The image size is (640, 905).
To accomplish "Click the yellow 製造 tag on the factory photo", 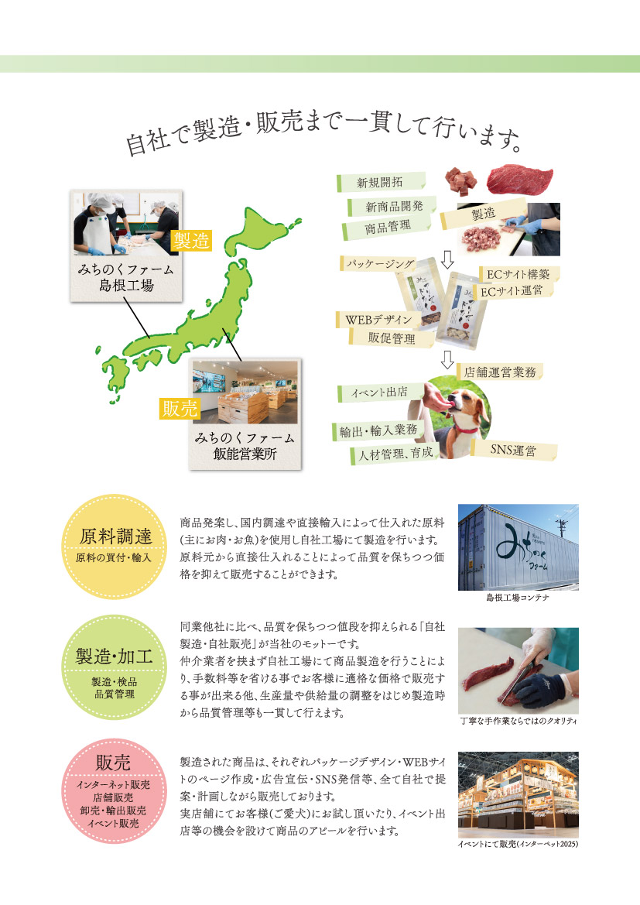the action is pyautogui.click(x=191, y=241).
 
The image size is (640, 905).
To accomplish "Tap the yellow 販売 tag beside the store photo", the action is pyautogui.click(x=180, y=408).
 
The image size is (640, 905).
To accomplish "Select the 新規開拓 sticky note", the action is pyautogui.click(x=381, y=182).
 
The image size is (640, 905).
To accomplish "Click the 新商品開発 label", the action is pyautogui.click(x=392, y=206).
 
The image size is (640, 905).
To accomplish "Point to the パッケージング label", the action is pyautogui.click(x=380, y=264).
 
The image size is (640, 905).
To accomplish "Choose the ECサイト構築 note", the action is pyautogui.click(x=519, y=274).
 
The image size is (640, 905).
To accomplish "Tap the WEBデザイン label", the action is pyautogui.click(x=379, y=319).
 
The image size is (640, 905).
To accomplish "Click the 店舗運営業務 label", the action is pyautogui.click(x=499, y=372).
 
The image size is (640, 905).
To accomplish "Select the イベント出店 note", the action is pyautogui.click(x=380, y=393).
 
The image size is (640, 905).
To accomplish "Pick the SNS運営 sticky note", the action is pyautogui.click(x=514, y=450).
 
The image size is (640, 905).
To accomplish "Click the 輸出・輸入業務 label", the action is pyautogui.click(x=378, y=430).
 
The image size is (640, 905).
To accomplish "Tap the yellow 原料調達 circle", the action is pyautogui.click(x=115, y=547).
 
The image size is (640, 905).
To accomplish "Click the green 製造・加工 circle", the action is pyautogui.click(x=115, y=667).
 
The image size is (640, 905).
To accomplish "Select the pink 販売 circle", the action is pyautogui.click(x=115, y=791).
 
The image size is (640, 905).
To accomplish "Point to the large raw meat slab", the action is pyautogui.click(x=519, y=179).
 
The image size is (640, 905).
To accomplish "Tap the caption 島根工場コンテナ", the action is pyautogui.click(x=517, y=598).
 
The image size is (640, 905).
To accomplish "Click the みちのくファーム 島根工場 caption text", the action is pyautogui.click(x=126, y=277).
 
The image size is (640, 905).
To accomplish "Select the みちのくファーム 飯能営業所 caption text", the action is pyautogui.click(x=245, y=446).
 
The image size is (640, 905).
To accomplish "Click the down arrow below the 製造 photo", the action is pyautogui.click(x=447, y=259).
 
